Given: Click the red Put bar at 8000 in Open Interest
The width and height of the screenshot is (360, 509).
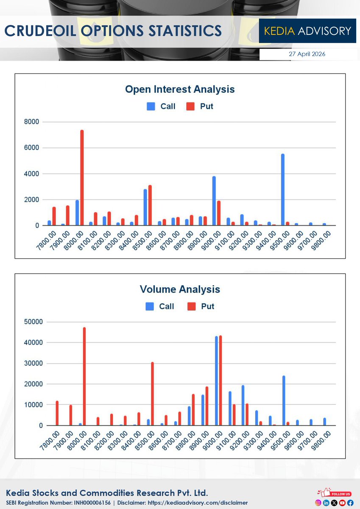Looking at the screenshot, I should click(82, 178).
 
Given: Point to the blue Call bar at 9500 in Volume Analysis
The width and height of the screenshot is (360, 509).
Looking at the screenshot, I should click(283, 400).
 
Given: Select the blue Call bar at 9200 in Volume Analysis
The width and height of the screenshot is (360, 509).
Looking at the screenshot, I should click(243, 405).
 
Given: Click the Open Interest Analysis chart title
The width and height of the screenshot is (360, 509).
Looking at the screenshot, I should click(180, 89).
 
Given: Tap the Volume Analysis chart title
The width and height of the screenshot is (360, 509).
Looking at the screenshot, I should click(180, 289).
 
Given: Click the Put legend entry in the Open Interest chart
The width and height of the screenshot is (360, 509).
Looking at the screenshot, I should click(201, 106).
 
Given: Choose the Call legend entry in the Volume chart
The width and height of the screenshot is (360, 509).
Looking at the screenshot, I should click(160, 306).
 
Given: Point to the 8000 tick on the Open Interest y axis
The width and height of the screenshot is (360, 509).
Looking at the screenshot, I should click(31, 122).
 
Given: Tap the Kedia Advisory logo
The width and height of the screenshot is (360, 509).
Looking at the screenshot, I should click(307, 31).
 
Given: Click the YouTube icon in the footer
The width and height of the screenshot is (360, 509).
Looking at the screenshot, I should click(342, 503).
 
